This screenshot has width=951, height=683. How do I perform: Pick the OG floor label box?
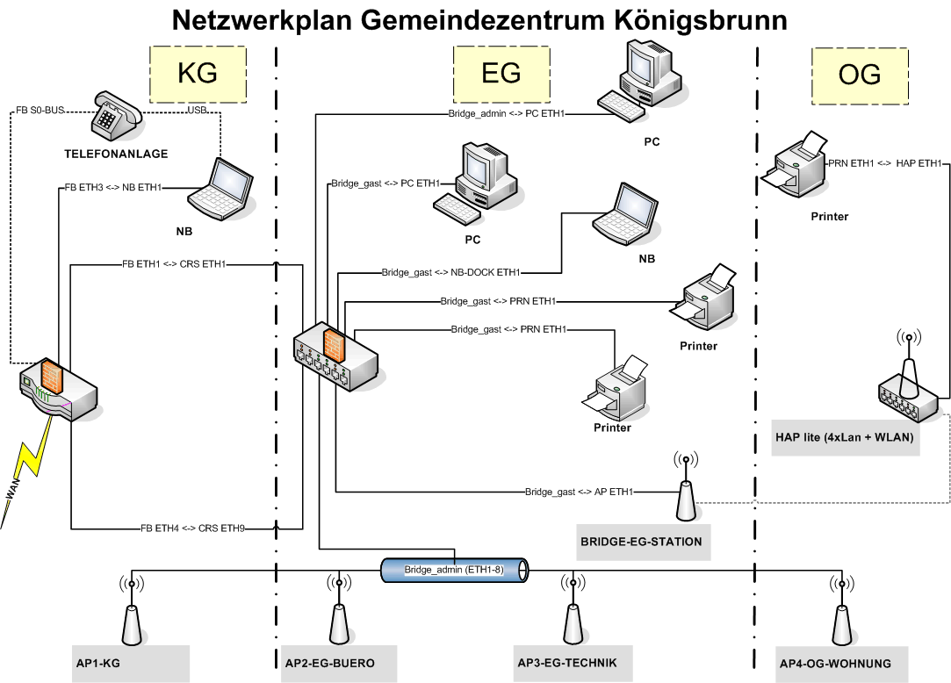pyautogui.click(x=860, y=75)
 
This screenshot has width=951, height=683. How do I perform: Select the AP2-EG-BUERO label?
pyautogui.click(x=330, y=663)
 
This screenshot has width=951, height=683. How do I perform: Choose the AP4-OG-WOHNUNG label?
pyautogui.click(x=835, y=663)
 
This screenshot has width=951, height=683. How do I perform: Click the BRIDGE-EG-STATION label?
pyautogui.click(x=641, y=542)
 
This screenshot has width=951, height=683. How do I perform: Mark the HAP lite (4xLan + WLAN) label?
pyautogui.click(x=845, y=437)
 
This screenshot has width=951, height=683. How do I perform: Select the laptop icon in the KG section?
pyautogui.click(x=220, y=188)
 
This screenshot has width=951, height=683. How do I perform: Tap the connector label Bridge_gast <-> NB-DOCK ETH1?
pyautogui.click(x=451, y=273)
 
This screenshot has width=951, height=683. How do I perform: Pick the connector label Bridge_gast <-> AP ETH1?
pyautogui.click(x=580, y=492)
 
